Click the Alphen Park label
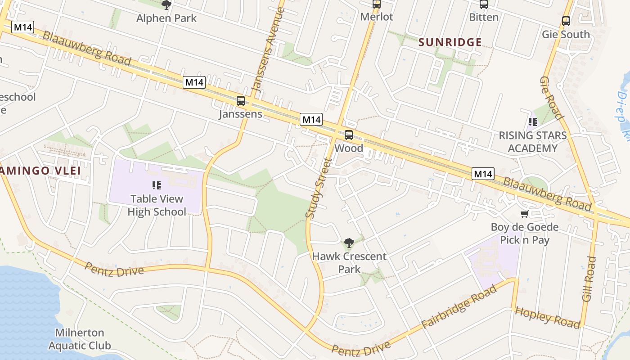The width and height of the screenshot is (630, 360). (166, 18)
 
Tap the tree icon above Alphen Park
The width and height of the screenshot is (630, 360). (166, 5)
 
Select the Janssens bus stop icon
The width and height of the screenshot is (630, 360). (241, 100)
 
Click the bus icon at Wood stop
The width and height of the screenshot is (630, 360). (349, 135)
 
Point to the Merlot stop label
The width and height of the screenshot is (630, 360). (377, 17)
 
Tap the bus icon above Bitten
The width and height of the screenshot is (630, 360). (484, 4)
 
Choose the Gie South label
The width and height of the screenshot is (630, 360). (566, 34)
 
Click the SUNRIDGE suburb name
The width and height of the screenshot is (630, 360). (450, 42)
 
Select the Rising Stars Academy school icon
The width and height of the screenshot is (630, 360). (533, 121)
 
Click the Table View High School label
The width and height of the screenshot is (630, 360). (157, 205)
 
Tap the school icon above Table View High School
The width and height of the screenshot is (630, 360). (157, 185)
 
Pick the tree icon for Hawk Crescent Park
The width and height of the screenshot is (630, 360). (349, 243)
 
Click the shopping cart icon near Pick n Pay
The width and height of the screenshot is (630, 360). (524, 214)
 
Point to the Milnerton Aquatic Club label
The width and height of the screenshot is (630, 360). (80, 339)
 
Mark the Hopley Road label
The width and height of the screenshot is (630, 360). (547, 317)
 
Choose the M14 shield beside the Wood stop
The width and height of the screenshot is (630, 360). (311, 120)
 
